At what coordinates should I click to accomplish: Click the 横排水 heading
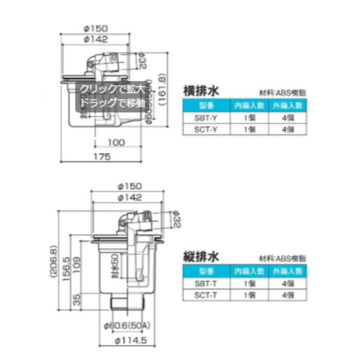(205, 91)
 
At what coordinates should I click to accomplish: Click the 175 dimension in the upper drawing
(103, 157)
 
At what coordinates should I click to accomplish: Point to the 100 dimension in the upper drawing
(118, 142)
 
